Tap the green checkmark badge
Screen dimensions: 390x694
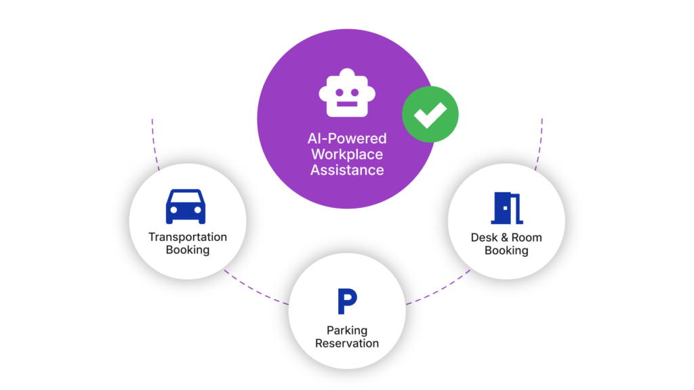pos(430,114)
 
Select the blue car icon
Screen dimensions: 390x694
pos(185,206)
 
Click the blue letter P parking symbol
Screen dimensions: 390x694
pos(347,301)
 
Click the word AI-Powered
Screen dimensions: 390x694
pos(347,139)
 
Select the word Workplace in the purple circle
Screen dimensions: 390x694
pos(347,154)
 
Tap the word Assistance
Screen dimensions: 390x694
pos(347,170)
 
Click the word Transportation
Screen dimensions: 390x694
pos(188,237)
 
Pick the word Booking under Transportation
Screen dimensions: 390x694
pos(188,250)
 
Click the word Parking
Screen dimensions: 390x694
pos(347,330)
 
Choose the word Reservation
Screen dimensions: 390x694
pos(347,343)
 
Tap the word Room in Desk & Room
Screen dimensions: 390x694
pos(527,238)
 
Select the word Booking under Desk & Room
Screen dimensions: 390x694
pos(506,251)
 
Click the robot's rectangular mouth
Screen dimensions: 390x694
pos(346,104)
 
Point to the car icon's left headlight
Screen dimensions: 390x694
pos(173,211)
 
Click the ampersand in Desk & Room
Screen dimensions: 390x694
pos(505,238)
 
